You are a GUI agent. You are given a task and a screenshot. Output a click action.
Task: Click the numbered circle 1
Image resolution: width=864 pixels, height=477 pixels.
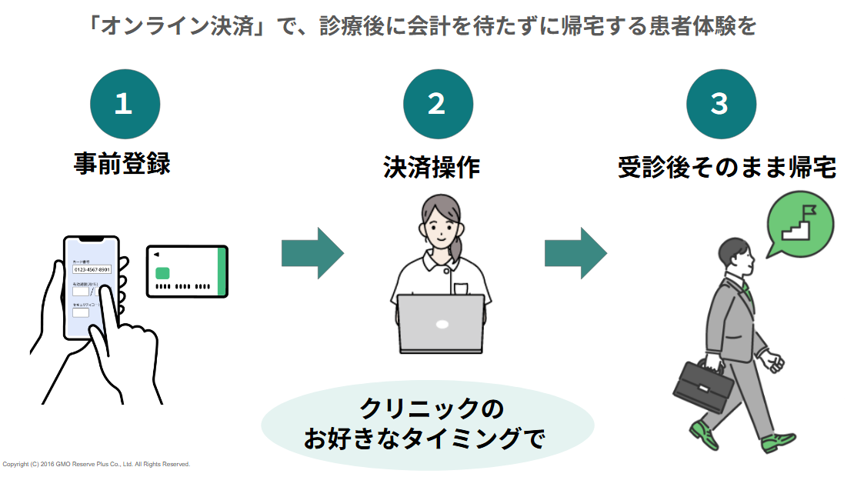(x=125, y=104)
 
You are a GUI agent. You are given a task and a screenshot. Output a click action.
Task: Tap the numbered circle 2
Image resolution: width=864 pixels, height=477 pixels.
(x=437, y=104)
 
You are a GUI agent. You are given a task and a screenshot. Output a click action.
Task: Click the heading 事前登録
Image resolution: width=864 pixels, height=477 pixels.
(x=122, y=164)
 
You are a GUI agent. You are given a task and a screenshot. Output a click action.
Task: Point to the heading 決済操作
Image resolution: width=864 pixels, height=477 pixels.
(x=432, y=167)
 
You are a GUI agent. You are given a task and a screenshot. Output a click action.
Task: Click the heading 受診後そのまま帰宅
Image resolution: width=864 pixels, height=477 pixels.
(x=727, y=167)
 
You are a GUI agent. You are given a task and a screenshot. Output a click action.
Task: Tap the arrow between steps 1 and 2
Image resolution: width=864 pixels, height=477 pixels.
(x=312, y=252)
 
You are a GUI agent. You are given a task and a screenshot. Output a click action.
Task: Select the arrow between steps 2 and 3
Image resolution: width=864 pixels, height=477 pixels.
(x=575, y=252)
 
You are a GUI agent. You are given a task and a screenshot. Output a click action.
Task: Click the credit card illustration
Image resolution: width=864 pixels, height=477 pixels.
(x=187, y=271)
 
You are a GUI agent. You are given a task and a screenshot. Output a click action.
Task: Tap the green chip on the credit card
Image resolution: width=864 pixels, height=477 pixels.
(x=162, y=273)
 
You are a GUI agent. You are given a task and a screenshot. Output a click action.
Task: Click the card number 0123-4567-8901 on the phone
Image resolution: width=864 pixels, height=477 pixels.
(x=92, y=269)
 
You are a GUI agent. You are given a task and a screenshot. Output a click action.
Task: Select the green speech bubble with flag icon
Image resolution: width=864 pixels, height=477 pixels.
(x=799, y=222)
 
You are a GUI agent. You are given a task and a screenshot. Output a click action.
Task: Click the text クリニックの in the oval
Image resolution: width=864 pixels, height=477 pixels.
(x=432, y=408)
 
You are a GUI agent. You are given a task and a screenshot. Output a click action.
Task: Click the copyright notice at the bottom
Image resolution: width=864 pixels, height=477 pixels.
(x=96, y=465)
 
